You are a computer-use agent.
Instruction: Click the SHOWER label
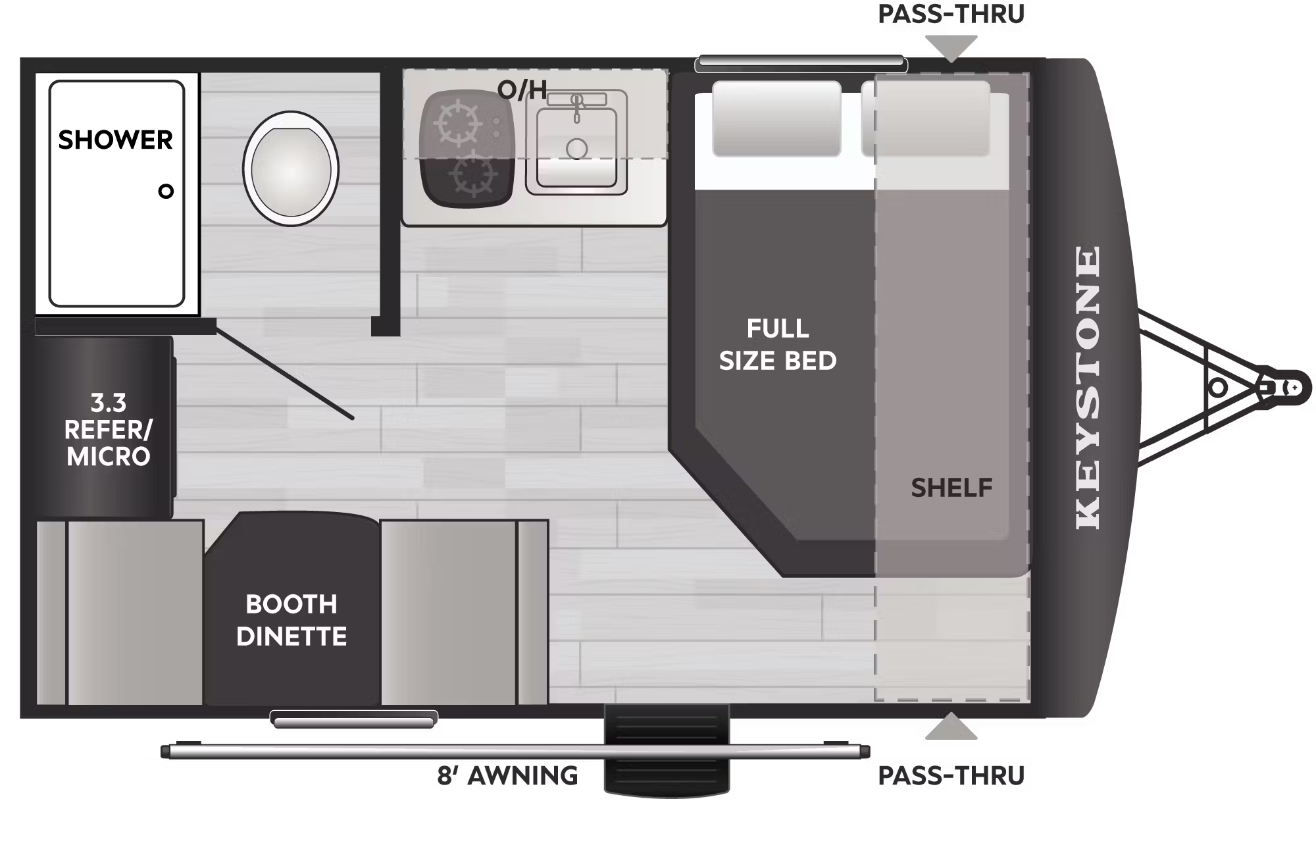[115, 140]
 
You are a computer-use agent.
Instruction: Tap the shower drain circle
[166, 192]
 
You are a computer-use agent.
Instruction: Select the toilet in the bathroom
[291, 168]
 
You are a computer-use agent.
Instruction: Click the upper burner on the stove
[459, 124]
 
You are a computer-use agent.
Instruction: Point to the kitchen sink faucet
[577, 105]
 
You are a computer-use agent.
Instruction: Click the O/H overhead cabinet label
[522, 90]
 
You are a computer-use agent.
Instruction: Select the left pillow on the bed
[776, 118]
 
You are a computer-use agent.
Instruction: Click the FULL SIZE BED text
[778, 344]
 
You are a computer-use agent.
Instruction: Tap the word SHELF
[951, 488]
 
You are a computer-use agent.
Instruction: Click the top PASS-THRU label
[951, 14]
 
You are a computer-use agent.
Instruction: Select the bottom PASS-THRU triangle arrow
[951, 728]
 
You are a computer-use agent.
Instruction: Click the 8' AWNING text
[507, 776]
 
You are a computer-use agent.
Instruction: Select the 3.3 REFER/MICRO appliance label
[108, 429]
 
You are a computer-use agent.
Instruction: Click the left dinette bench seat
[135, 612]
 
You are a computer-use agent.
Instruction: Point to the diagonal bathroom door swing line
[285, 373]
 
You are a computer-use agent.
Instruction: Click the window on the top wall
[801, 63]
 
